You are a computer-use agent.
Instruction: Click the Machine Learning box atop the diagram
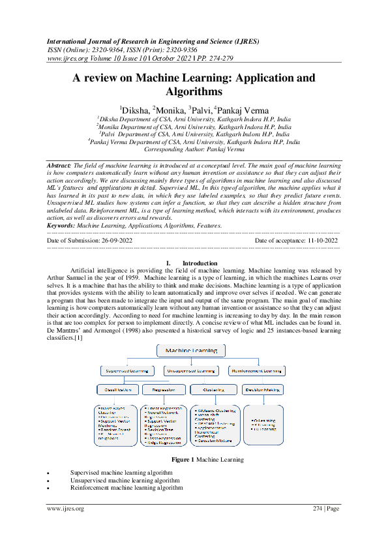coord(191,351)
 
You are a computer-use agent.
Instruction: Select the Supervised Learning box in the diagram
coord(127,371)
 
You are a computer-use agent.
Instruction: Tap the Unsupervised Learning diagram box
coord(191,371)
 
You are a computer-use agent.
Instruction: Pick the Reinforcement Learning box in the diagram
coord(256,371)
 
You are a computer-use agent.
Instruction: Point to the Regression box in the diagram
coord(164,390)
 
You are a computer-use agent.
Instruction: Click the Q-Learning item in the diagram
coord(260,421)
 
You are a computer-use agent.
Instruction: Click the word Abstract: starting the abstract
coord(59,167)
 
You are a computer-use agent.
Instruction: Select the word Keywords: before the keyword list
coord(61,225)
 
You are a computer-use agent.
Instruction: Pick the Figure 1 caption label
coord(183,460)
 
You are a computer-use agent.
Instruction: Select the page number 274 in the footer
coord(315,509)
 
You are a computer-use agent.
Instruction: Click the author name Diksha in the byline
coord(134,110)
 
